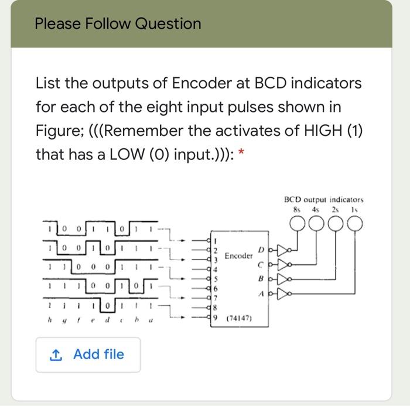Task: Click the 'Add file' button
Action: point(88,354)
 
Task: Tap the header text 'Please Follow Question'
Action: point(117,24)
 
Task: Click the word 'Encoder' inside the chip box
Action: point(239,256)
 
